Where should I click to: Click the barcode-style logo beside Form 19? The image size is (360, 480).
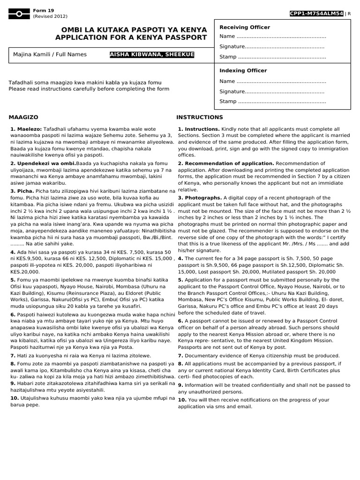tap(18, 14)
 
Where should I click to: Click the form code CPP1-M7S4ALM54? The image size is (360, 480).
tap(317, 14)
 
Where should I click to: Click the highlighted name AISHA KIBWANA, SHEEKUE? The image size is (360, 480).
tap(151, 55)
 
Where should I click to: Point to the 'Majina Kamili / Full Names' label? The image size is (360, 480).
tap(50, 54)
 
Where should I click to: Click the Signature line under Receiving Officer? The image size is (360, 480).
tap(272, 47)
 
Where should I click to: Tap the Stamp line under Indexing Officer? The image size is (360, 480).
tap(272, 101)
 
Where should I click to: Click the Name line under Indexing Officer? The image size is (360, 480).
tap(272, 82)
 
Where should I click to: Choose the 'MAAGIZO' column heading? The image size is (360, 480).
tap(23, 117)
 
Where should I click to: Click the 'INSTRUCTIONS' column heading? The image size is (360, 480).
tap(200, 117)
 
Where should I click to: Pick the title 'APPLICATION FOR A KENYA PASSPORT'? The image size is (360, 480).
tap(131, 37)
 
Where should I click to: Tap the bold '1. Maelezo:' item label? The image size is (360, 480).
tap(26, 128)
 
